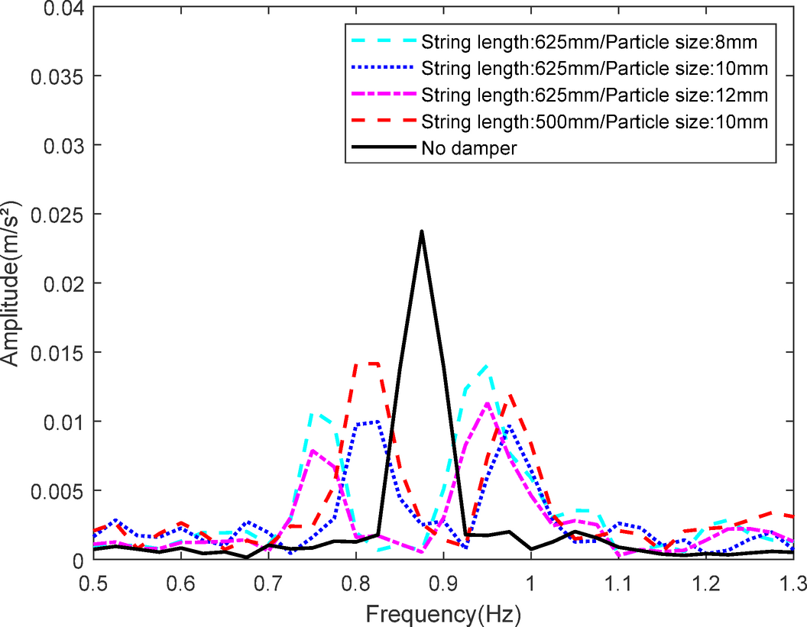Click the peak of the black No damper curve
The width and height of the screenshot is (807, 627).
421,231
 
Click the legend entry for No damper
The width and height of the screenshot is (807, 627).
469,148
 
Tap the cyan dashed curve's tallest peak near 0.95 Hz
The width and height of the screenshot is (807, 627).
486,366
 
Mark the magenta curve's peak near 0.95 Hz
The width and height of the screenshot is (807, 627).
487,402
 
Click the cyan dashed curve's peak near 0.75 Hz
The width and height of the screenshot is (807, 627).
312,413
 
